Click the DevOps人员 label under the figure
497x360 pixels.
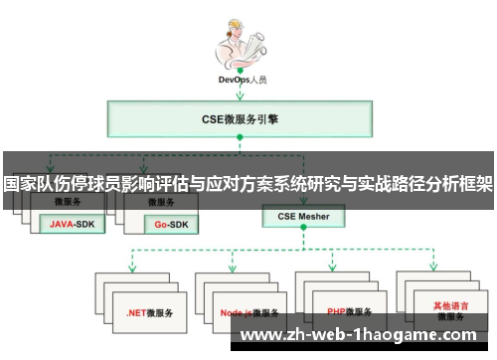242,79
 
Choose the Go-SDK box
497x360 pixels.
165,224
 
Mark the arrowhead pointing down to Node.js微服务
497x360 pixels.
232,268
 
